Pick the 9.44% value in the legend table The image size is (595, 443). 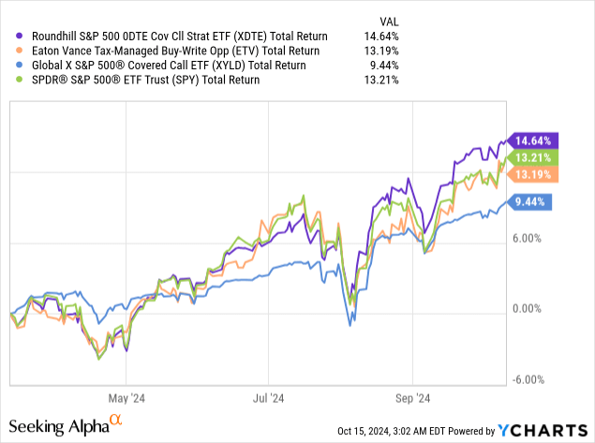pyautogui.click(x=382, y=65)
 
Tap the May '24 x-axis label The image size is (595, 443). pyautogui.click(x=125, y=396)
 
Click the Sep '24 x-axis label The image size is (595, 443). pyautogui.click(x=418, y=396)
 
